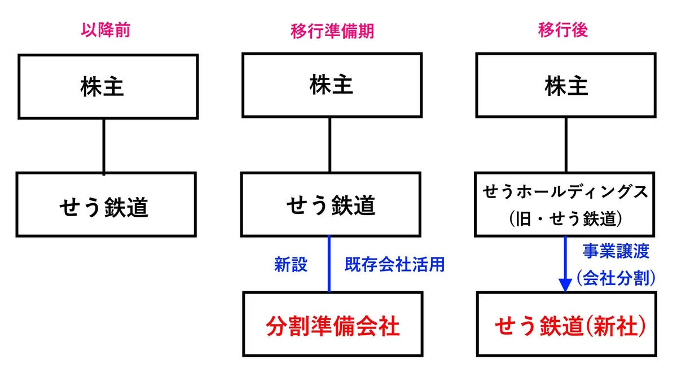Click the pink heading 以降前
click(x=106, y=30)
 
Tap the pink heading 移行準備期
click(x=332, y=31)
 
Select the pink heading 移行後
click(x=563, y=30)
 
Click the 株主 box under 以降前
click(x=108, y=87)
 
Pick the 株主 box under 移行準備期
click(x=332, y=85)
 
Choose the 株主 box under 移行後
click(x=566, y=85)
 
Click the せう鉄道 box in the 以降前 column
click(x=106, y=205)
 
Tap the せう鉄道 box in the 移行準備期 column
click(x=331, y=205)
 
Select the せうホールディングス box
click(x=564, y=205)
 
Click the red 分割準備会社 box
click(x=332, y=324)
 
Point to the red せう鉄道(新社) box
click(x=566, y=324)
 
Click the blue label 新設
click(x=291, y=265)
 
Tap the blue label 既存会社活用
click(x=394, y=265)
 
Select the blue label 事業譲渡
click(x=616, y=251)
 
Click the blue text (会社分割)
click(x=616, y=278)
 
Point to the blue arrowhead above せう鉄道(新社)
click(x=565, y=285)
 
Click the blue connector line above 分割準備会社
click(x=329, y=264)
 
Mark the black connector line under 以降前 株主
click(x=104, y=146)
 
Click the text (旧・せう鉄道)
click(x=565, y=218)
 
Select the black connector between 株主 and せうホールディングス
click(x=566, y=145)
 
